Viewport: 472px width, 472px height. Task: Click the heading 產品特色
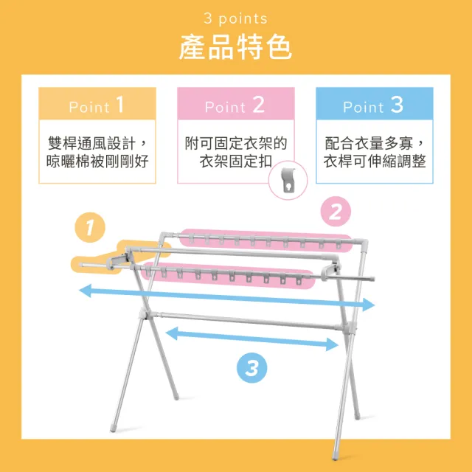point(236,47)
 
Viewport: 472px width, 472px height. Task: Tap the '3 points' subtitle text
point(236,18)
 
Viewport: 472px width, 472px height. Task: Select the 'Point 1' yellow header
point(97,103)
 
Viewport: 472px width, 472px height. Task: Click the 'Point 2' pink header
point(236,103)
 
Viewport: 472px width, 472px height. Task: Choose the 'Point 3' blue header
point(375,103)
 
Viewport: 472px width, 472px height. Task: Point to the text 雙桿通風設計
point(91,143)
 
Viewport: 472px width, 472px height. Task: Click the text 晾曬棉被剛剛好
point(97,162)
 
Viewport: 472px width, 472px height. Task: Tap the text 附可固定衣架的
point(236,143)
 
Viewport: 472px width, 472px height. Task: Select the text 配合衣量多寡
point(369,143)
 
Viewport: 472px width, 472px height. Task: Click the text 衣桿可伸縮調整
point(375,162)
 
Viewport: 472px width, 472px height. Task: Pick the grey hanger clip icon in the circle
point(288,180)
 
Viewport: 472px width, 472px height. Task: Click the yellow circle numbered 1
point(90,228)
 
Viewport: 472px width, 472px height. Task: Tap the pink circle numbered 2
point(336,212)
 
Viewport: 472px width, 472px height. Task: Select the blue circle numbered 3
point(251,368)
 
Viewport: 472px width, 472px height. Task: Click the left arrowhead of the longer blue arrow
point(85,291)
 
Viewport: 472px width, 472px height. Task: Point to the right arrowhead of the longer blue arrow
point(369,305)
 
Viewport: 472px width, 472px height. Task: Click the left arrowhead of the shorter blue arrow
point(172,334)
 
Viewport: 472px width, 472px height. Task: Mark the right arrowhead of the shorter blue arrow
point(333,344)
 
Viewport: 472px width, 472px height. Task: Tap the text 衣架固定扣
point(236,162)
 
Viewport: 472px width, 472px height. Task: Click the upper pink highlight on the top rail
point(265,240)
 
